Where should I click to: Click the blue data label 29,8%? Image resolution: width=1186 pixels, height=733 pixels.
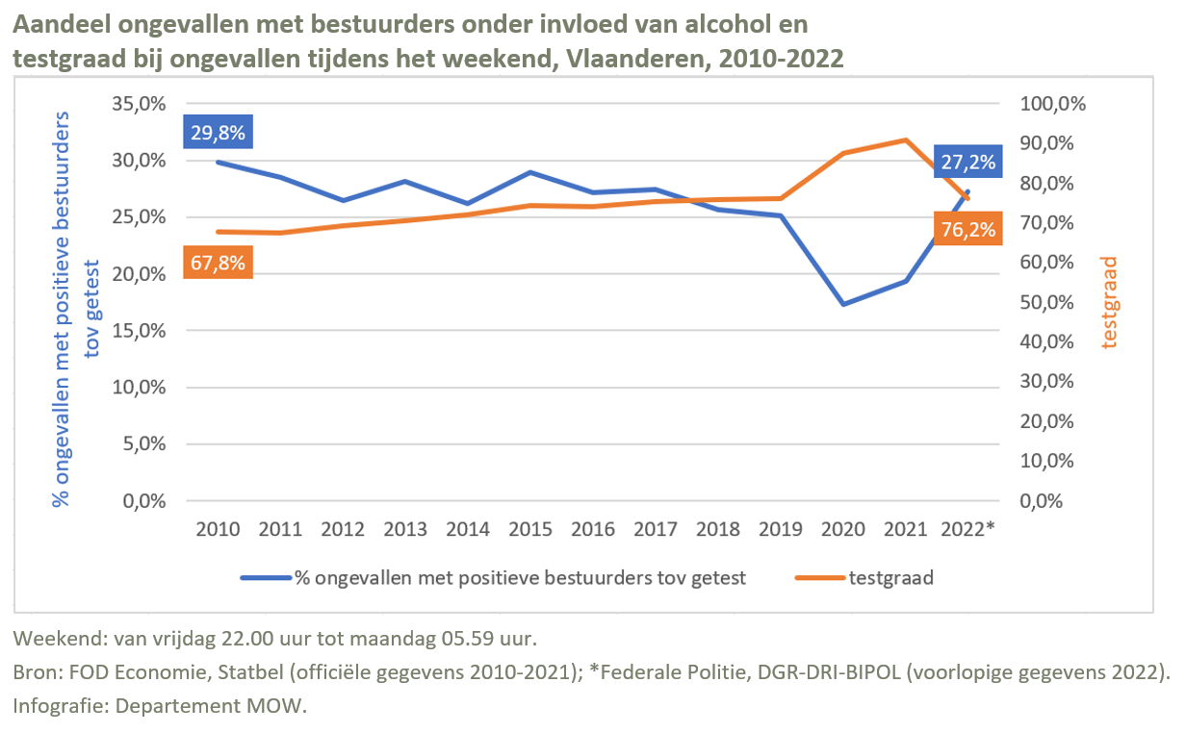point(218,133)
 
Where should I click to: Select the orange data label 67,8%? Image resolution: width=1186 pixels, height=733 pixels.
point(218,262)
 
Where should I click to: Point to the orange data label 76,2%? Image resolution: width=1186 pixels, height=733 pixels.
point(966,229)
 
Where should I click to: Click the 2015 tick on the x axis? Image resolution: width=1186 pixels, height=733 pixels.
point(530,530)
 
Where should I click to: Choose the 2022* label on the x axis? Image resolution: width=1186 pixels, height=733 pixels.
point(967,530)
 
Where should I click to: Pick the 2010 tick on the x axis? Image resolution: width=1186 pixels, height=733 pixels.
point(219,530)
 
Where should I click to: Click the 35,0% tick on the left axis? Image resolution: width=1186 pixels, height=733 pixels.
point(139,104)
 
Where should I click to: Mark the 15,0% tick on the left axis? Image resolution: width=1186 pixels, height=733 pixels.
point(139,331)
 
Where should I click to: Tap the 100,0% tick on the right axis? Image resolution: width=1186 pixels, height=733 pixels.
point(1052,104)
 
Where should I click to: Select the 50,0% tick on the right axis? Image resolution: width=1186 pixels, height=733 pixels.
point(1056,302)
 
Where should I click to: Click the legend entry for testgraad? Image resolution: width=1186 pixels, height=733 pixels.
point(891,578)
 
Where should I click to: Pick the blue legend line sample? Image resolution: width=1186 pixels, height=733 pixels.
point(265,578)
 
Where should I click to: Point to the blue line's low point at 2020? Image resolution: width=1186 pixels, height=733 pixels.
point(844,304)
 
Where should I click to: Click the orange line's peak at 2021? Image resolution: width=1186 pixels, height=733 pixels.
point(906,140)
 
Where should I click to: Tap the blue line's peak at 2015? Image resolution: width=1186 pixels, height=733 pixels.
point(530,172)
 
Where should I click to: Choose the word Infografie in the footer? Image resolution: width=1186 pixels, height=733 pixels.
point(60,705)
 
